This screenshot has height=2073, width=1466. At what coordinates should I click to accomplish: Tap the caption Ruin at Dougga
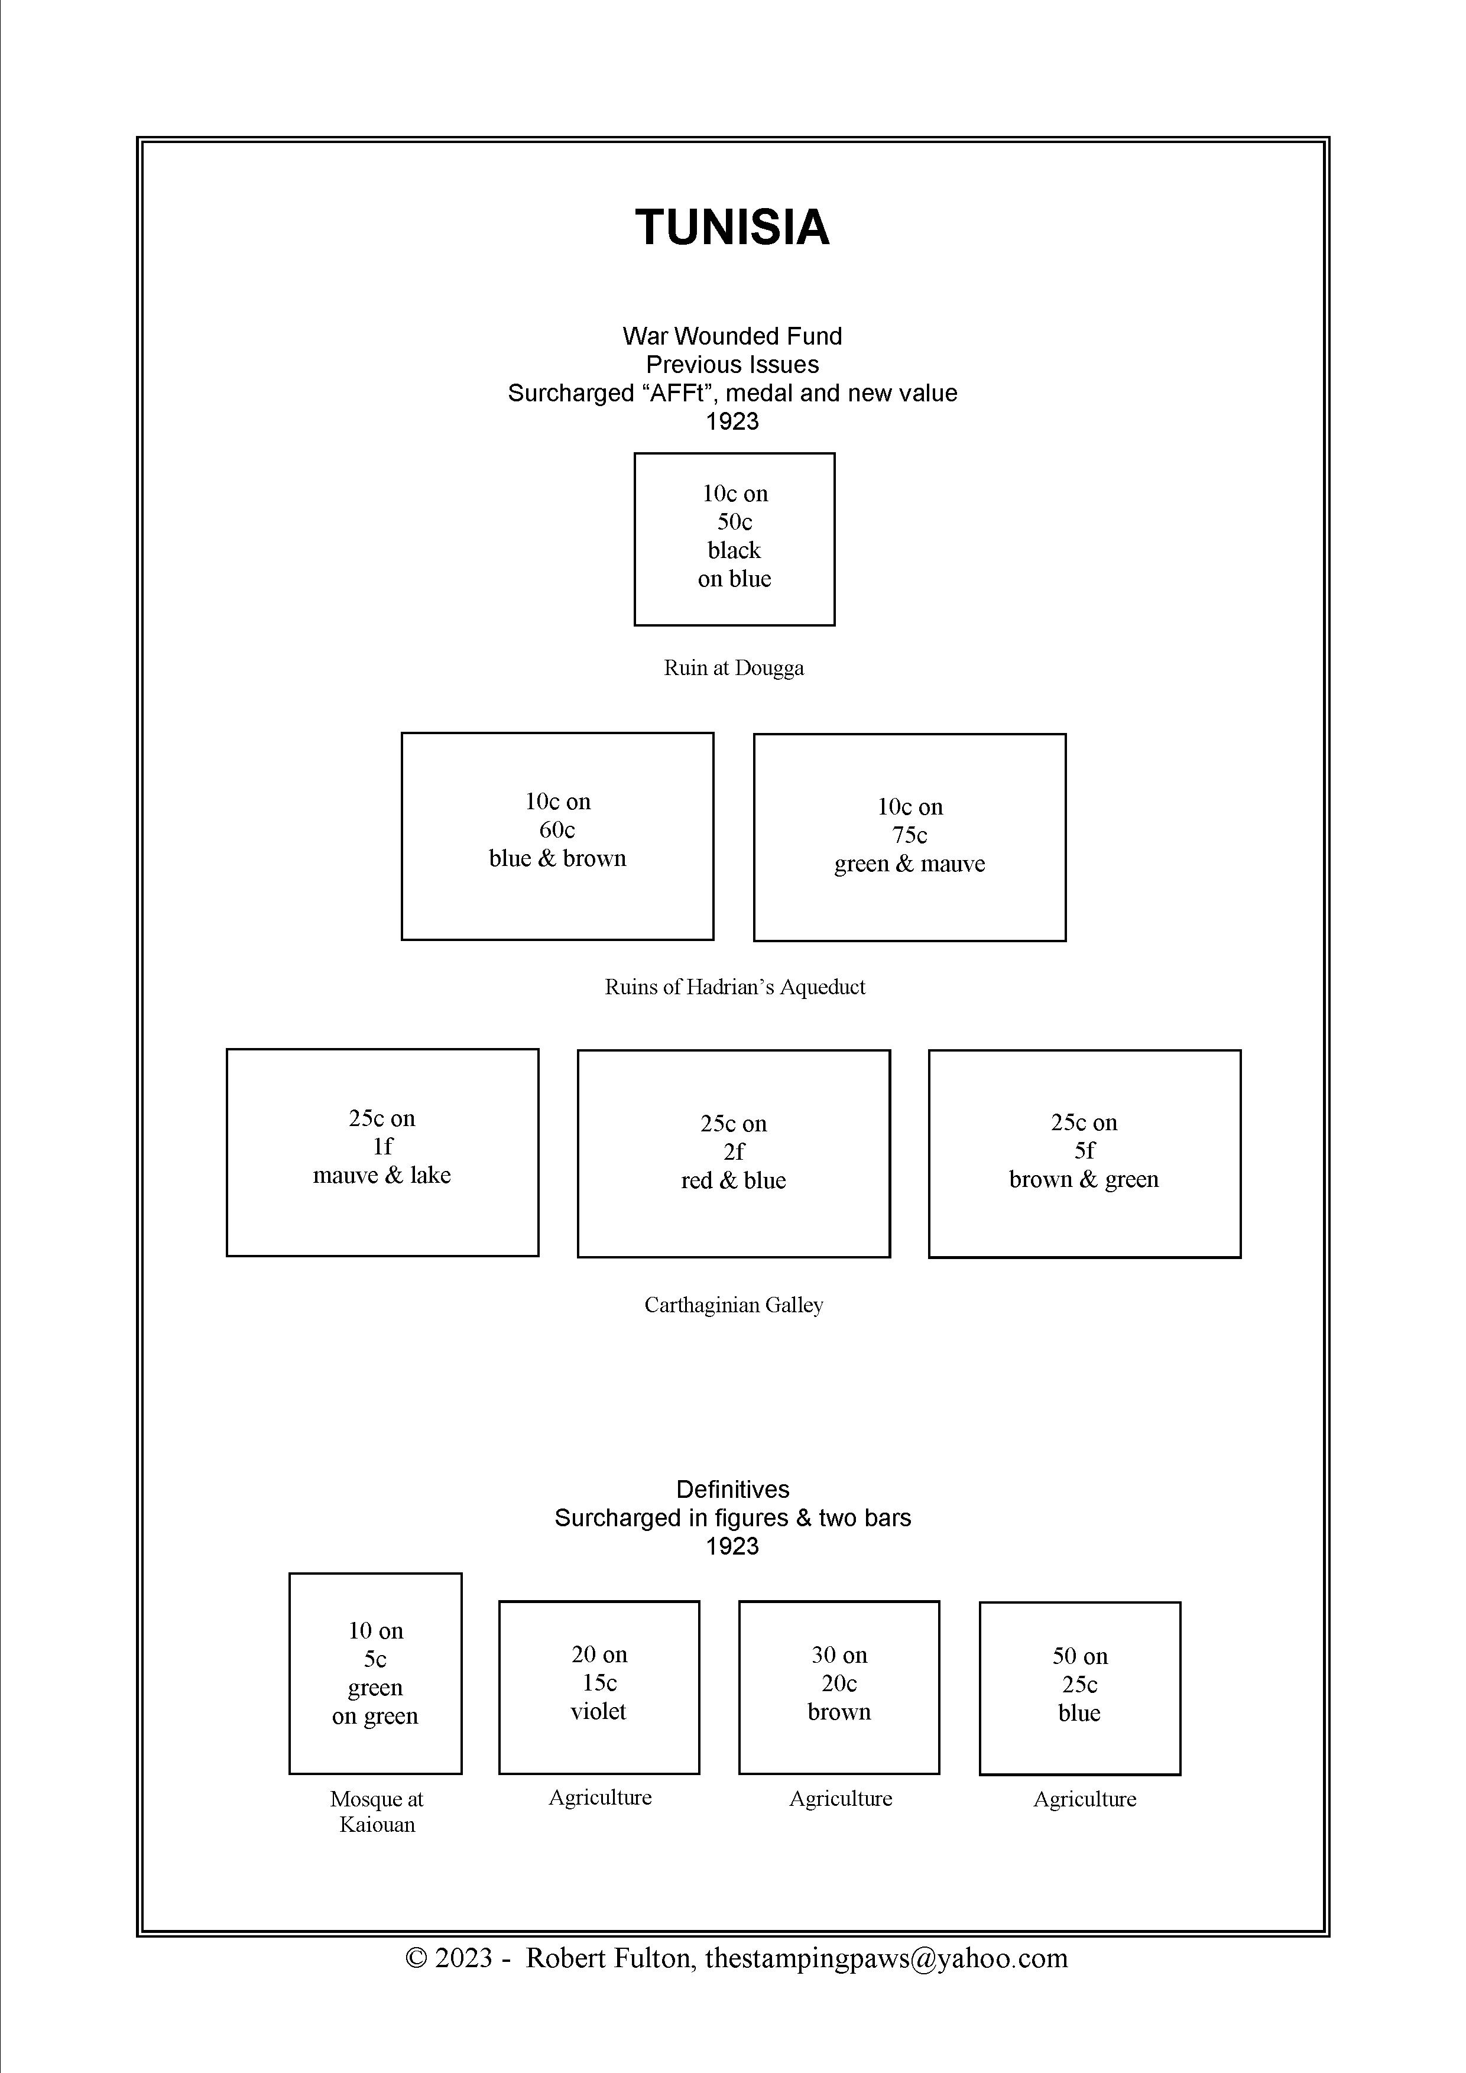click(734, 668)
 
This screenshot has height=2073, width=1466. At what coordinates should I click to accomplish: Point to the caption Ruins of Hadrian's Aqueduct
click(735, 987)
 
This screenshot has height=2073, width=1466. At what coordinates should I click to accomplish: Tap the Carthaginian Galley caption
click(734, 1305)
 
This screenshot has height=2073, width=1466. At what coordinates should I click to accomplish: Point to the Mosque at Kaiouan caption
click(377, 1812)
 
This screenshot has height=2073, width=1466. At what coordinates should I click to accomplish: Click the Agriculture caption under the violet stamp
click(601, 1798)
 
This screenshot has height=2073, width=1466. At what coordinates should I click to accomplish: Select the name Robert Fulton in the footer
click(610, 1957)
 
